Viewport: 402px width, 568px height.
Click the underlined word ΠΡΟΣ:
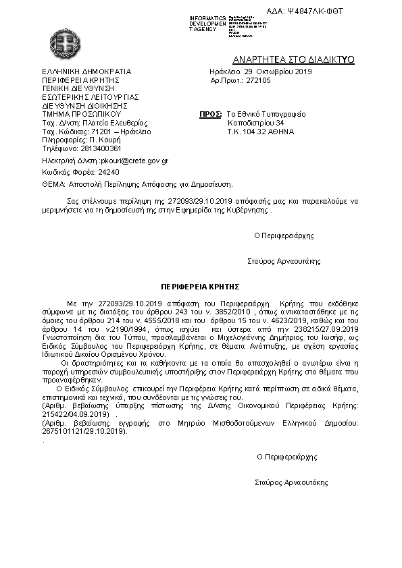coord(211,115)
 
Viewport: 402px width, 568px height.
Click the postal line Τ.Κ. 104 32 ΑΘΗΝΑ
coord(261,132)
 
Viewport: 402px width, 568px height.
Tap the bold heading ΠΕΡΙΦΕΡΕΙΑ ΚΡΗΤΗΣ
coord(200,287)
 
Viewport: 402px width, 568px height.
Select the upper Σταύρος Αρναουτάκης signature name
coord(284,260)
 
